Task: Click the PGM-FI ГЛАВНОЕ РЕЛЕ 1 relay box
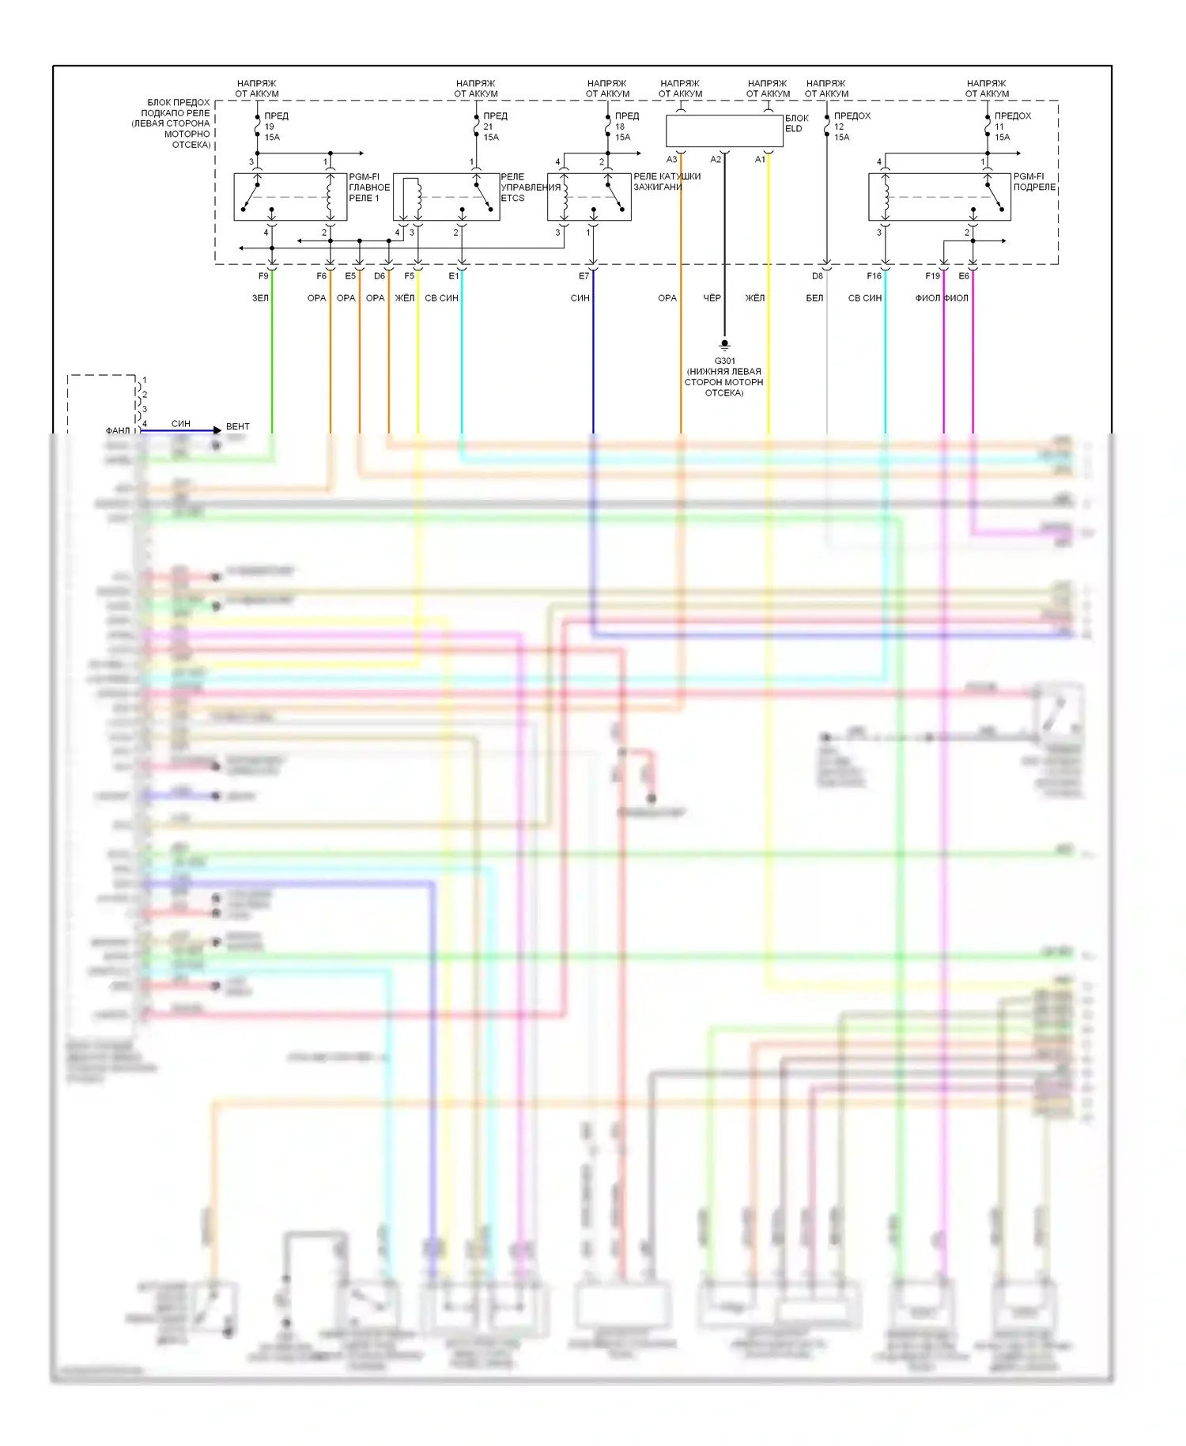[x=290, y=197]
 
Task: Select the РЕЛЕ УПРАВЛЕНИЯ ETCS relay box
[x=446, y=197]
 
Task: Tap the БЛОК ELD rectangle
[x=724, y=131]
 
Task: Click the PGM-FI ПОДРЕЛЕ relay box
[x=939, y=197]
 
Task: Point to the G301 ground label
[x=724, y=361]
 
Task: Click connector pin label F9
[x=263, y=276]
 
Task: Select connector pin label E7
[x=584, y=276]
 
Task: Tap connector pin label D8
[x=817, y=276]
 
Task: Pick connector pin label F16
[x=874, y=276]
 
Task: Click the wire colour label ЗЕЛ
[x=260, y=298]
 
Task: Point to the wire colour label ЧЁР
[x=712, y=298]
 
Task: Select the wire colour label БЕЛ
[x=814, y=298]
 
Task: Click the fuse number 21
[x=488, y=127]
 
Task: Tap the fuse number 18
[x=620, y=127]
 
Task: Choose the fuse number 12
[x=839, y=127]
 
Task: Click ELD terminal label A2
[x=716, y=160]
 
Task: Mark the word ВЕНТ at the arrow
[x=237, y=426]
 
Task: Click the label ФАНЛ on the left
[x=118, y=430]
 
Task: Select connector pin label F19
[x=932, y=276]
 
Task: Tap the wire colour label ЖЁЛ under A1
[x=755, y=298]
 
